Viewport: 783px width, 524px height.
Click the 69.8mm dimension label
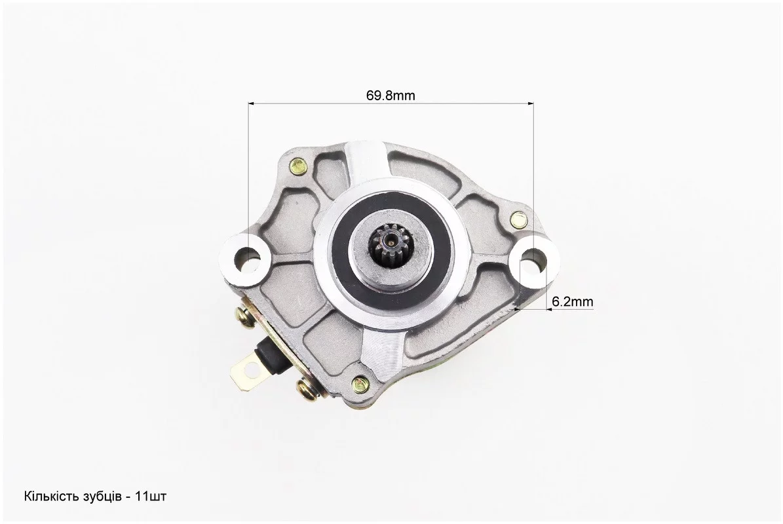pos(391,96)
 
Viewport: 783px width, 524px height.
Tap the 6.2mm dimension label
pos(573,301)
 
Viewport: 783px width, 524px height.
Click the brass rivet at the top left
pos(297,164)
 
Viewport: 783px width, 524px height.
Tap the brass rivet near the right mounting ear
pos(519,219)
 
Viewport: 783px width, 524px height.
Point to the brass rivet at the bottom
pos(360,383)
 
